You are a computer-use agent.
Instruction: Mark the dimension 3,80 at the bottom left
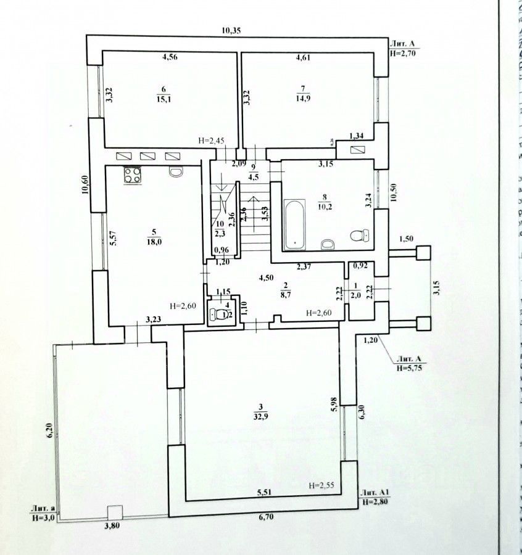point(112,526)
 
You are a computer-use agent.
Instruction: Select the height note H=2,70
point(404,54)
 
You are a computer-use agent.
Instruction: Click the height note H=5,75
point(414,368)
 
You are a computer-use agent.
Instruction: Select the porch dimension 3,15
point(436,287)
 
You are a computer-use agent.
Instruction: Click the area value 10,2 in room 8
point(325,207)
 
